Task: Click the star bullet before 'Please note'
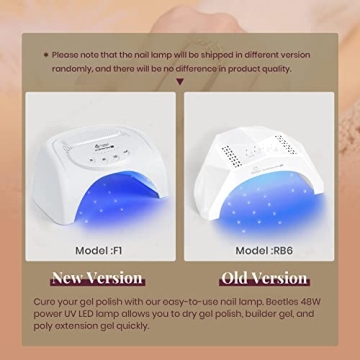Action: (45, 54)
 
